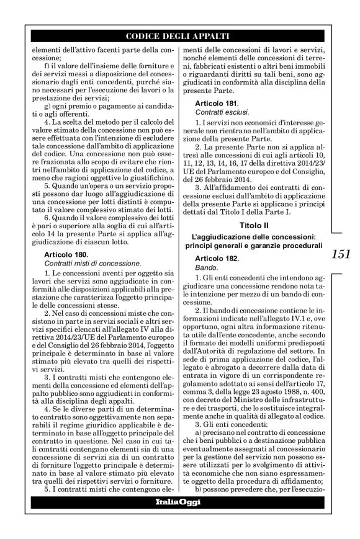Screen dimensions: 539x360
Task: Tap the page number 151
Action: coord(342,254)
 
